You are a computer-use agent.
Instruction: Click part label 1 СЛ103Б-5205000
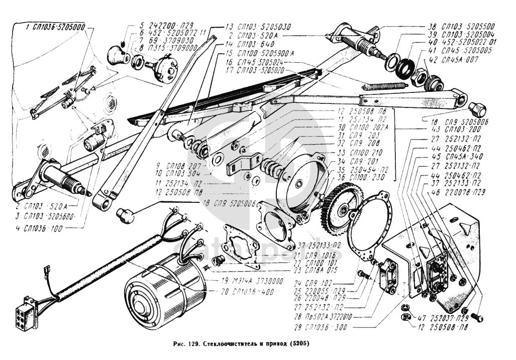tap(55, 26)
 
